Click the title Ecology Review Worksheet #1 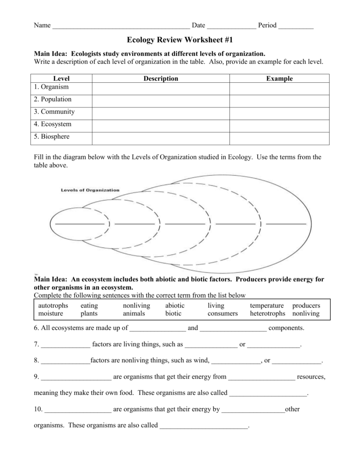tap(180, 40)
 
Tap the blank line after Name tap(121, 26)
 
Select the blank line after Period tap(296, 26)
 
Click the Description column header tap(161, 79)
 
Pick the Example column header tap(279, 79)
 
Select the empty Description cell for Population tap(161, 100)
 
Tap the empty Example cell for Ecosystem tap(279, 124)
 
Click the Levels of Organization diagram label tap(90, 190)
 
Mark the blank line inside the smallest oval tap(79, 224)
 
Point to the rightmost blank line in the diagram tap(286, 224)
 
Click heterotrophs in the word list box tap(268, 314)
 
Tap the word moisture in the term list tap(51, 314)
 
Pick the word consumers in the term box tap(223, 314)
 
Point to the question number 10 tap(38, 409)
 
